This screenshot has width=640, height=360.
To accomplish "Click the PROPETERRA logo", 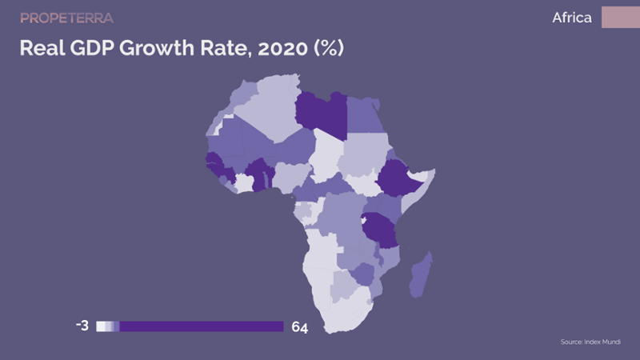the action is point(66,18).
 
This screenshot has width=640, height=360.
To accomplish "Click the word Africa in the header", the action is point(572,18).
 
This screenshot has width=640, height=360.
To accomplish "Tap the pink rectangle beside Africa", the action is point(621,17).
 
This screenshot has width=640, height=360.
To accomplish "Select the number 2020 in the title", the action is point(282,48).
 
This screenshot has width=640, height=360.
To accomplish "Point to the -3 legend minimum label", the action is point(82,326).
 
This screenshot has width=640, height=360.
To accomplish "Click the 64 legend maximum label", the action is point(299,327).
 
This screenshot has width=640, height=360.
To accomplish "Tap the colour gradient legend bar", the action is point(190,326).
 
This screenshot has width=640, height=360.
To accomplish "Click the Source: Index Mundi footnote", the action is point(590,342).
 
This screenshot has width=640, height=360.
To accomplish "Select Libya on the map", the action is point(322,114).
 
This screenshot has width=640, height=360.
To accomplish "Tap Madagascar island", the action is point(421,275).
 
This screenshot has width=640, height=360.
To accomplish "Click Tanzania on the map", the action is point(379,230).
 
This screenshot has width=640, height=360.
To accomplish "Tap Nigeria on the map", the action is point(290,177).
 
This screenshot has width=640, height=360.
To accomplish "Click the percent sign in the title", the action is point(329,48).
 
